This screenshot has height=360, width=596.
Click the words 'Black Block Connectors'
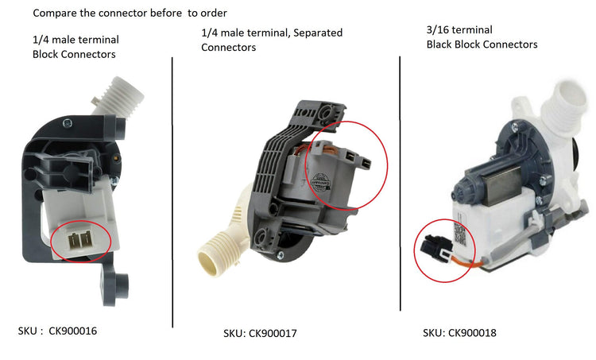482,45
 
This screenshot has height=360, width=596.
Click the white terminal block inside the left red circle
80,238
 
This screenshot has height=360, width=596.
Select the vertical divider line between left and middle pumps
172,191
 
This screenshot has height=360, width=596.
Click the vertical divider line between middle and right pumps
400,183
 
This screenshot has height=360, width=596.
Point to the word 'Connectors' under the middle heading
229,48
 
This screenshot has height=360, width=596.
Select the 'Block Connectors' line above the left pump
73,54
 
